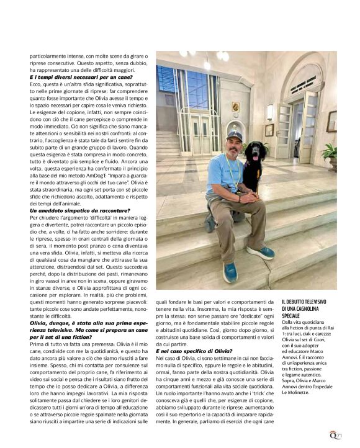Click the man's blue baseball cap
pos(235,135)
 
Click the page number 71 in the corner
pos(340,436)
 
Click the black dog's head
pos(254,151)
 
